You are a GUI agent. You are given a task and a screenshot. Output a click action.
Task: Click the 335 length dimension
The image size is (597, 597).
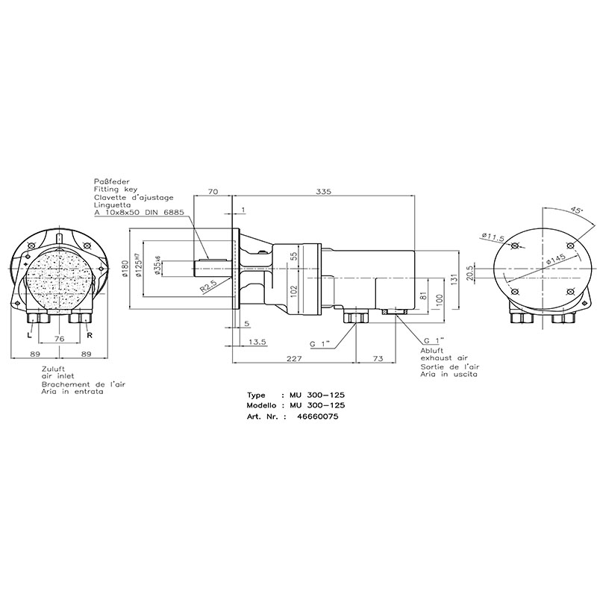point(323,192)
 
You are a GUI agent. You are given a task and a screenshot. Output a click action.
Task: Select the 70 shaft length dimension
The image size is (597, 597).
point(213,192)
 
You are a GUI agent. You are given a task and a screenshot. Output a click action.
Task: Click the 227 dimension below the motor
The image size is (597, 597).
point(294,358)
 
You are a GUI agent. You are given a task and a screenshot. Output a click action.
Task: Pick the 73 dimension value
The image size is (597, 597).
point(378,358)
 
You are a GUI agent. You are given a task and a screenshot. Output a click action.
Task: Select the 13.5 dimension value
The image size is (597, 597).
point(257,342)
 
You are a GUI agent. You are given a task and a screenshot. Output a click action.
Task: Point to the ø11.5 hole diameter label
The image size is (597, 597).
point(493,237)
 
